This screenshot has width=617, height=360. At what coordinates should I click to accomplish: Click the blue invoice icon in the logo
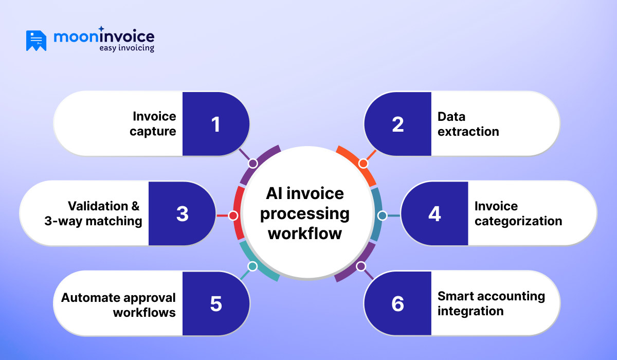click(x=36, y=41)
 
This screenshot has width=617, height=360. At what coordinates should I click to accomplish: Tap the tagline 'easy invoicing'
click(x=126, y=48)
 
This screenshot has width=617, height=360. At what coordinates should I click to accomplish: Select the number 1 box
click(x=215, y=124)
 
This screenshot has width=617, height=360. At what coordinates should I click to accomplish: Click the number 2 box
click(x=397, y=124)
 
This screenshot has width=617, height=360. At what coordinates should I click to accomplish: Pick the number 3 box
click(x=182, y=213)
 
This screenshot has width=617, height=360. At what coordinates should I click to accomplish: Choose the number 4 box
click(x=434, y=213)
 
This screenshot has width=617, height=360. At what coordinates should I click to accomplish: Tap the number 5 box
click(x=215, y=303)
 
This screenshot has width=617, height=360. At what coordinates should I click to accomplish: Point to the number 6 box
click(x=397, y=303)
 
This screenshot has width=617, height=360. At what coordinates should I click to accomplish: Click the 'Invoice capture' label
click(x=154, y=124)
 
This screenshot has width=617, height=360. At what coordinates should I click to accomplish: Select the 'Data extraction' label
click(x=468, y=124)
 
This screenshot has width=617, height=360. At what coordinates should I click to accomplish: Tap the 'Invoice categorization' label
click(x=518, y=213)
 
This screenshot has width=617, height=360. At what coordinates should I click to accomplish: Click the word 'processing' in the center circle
click(x=305, y=213)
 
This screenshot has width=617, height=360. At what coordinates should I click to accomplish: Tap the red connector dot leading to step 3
click(x=233, y=215)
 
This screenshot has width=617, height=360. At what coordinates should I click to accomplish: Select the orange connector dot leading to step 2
click(x=363, y=164)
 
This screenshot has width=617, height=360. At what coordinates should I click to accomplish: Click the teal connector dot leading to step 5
click(x=252, y=266)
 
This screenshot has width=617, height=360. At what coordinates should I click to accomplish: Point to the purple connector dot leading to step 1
click(x=252, y=164)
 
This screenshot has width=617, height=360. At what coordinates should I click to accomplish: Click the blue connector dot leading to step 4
click(x=382, y=215)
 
